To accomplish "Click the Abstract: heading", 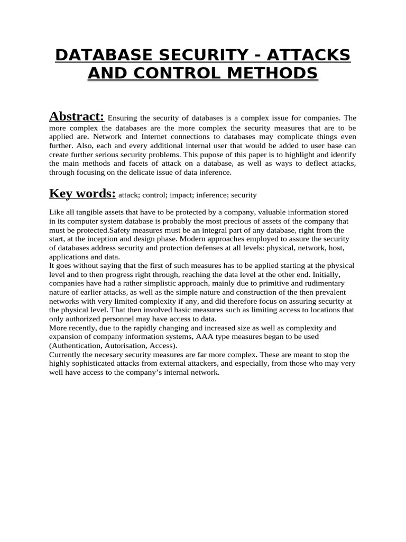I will (76, 116).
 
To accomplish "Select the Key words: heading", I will (82, 193).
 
